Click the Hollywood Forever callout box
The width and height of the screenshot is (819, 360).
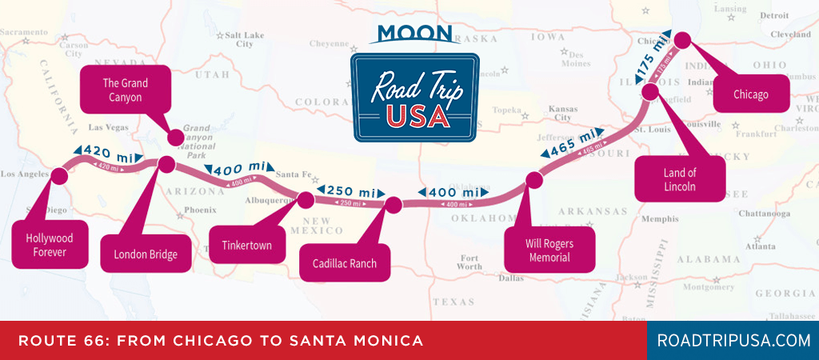point(49,246)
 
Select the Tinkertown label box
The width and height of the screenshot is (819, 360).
point(246,245)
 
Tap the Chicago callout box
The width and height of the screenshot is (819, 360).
point(750,94)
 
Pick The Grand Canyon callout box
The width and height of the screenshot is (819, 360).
point(126,90)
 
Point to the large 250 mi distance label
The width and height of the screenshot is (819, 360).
point(350,191)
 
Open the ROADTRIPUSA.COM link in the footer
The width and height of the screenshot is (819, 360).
point(733,341)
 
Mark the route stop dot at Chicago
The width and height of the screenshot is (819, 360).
point(682,39)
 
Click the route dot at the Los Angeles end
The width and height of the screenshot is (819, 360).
point(58,175)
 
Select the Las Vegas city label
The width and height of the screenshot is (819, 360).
point(108,127)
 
